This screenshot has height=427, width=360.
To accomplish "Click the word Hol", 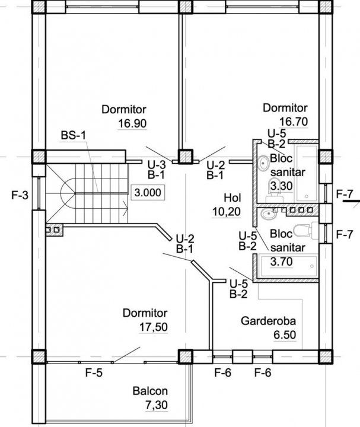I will [x=232, y=197].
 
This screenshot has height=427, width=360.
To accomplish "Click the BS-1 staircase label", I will [x=74, y=135].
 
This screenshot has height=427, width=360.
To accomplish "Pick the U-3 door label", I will [x=157, y=165].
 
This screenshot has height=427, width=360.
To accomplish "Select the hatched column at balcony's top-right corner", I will [x=186, y=356].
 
